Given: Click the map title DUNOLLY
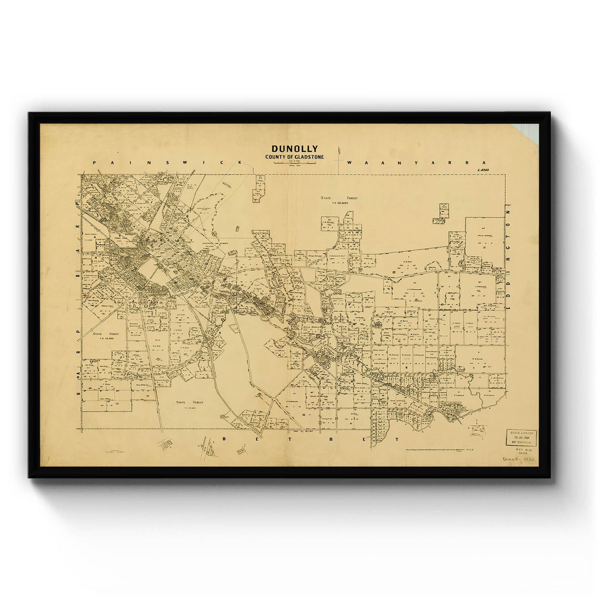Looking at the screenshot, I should pos(294,148).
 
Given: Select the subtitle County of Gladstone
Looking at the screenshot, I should pos(294,157).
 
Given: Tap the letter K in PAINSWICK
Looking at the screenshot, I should pos(241,163).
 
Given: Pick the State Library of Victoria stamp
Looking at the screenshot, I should pos(521,437).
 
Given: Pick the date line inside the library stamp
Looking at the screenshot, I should pos(521,437).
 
